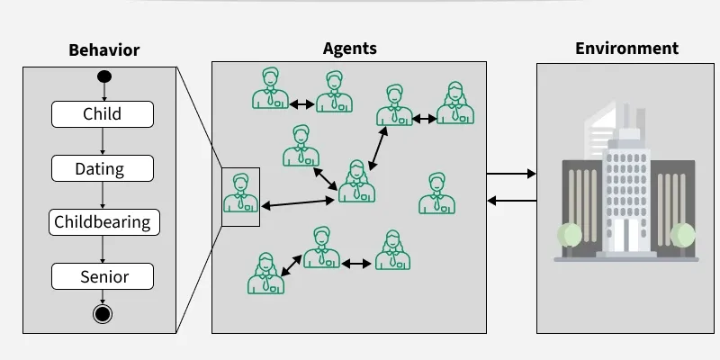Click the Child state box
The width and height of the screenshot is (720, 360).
click(x=103, y=114)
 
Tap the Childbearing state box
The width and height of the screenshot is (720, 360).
click(x=103, y=222)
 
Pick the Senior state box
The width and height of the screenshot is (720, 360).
click(x=103, y=276)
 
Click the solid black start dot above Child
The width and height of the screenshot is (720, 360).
click(x=103, y=75)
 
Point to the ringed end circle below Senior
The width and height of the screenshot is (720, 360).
click(x=103, y=313)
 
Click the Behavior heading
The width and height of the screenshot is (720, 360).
click(x=104, y=49)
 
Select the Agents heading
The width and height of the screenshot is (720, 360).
click(x=349, y=49)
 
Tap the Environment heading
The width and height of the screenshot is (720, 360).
click(x=626, y=48)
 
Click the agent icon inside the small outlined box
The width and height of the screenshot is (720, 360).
click(x=240, y=193)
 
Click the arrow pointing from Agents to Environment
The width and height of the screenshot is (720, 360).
click(x=511, y=174)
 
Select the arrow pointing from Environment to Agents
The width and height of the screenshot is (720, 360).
click(x=511, y=200)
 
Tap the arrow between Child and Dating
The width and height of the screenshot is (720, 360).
click(x=103, y=141)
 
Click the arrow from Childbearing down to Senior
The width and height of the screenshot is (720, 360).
click(x=103, y=249)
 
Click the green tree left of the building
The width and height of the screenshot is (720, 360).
click(x=569, y=236)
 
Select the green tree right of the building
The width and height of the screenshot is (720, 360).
click(x=683, y=236)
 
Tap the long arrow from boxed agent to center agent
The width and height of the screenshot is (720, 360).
click(x=298, y=202)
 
